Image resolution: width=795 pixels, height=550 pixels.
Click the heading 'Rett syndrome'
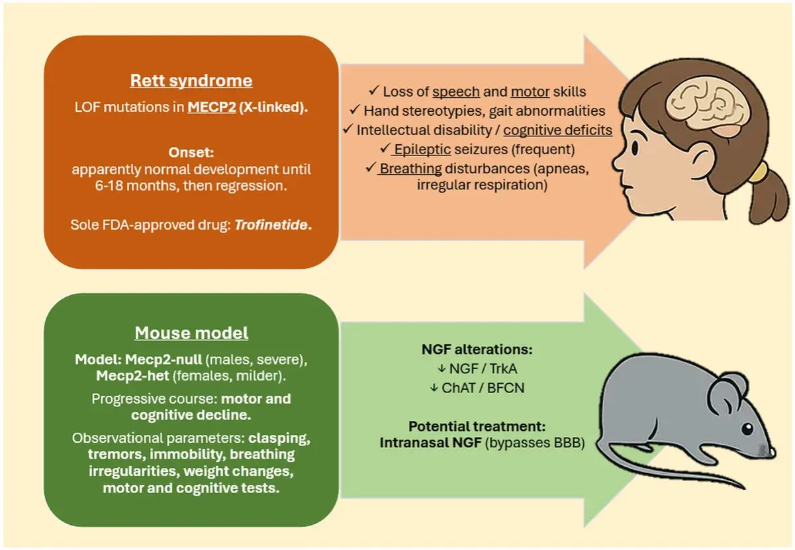[191, 81]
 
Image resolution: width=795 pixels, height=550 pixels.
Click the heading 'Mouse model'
[191, 333]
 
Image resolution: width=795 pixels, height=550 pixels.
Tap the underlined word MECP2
[212, 107]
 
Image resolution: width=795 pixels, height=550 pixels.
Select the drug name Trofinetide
[271, 224]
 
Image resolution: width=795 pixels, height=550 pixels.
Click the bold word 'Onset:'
[191, 152]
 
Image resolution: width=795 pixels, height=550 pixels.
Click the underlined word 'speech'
[456, 92]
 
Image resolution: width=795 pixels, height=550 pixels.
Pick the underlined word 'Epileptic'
[422, 150]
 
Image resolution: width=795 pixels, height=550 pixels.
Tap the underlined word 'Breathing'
[410, 169]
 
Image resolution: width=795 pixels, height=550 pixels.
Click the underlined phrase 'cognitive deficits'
[558, 130]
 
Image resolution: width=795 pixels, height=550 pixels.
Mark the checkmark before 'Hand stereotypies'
[355, 110]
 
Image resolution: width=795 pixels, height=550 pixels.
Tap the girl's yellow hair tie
[758, 173]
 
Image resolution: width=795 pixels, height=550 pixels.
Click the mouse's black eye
[747, 429]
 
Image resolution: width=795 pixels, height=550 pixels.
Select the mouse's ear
[728, 394]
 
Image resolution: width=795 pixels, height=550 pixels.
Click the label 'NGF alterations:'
[477, 349]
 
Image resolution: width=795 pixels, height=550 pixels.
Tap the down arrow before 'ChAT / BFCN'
[434, 388]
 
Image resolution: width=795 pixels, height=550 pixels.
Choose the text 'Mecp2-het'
[132, 376]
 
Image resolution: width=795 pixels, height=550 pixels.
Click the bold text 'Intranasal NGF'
[430, 443]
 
